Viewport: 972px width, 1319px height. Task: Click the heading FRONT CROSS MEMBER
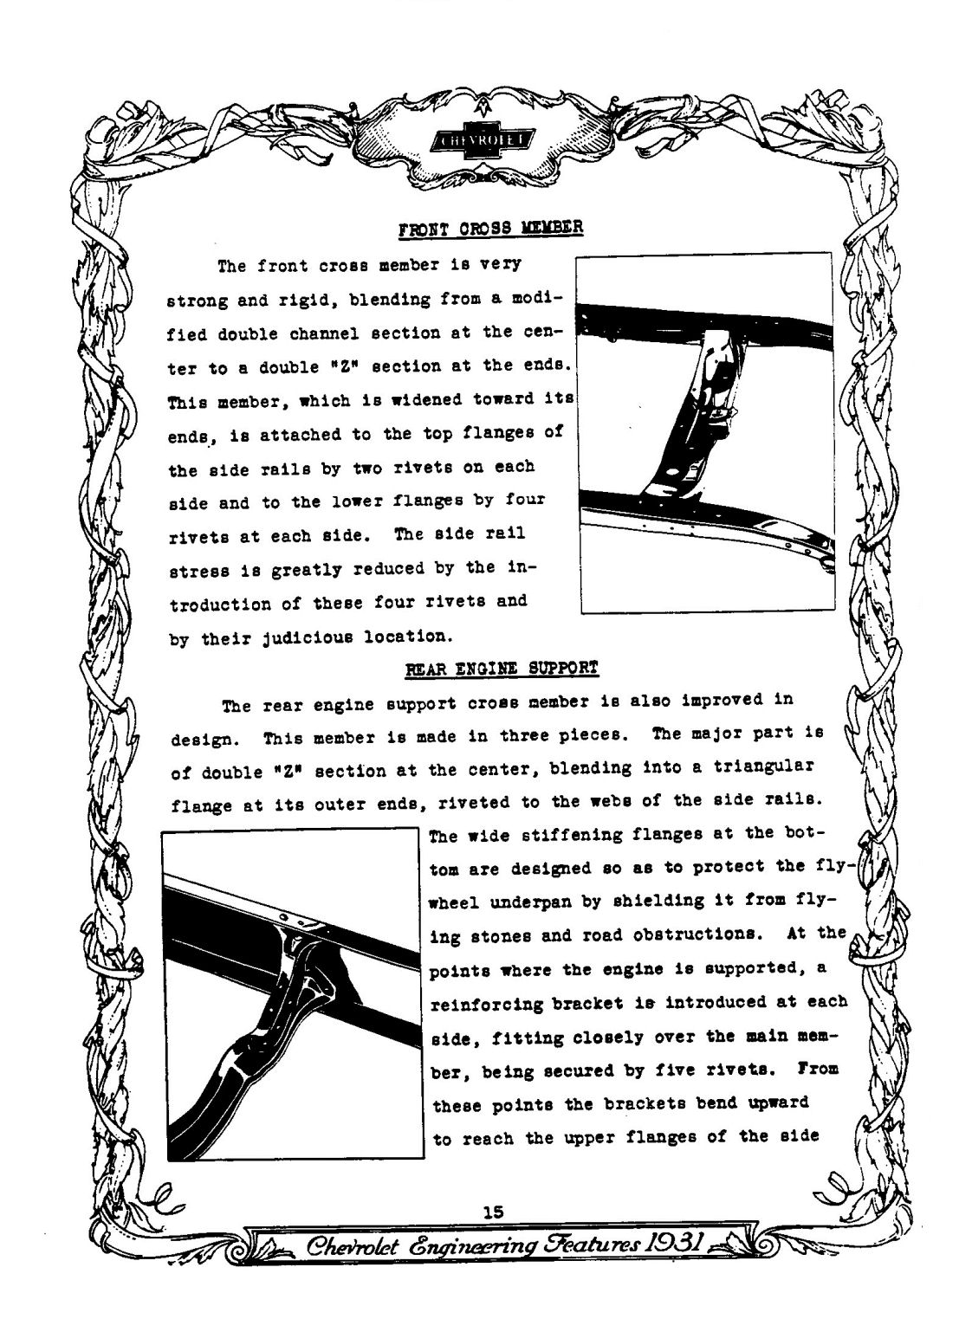point(490,229)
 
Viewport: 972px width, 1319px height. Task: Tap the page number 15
point(493,1212)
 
